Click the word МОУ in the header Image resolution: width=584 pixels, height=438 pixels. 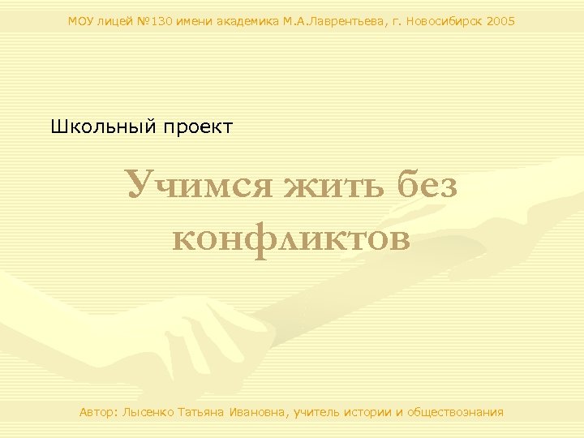[81, 21]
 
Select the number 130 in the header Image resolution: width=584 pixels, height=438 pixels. [162, 21]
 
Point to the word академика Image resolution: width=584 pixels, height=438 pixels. [247, 21]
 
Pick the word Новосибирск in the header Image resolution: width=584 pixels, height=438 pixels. [445, 21]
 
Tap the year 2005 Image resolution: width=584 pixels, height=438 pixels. [501, 21]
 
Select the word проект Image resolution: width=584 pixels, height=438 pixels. [198, 127]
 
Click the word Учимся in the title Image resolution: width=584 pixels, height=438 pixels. [198, 186]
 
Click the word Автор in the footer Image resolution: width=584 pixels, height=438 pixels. [98, 412]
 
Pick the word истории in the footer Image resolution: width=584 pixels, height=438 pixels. [370, 412]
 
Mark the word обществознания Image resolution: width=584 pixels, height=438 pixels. [455, 412]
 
